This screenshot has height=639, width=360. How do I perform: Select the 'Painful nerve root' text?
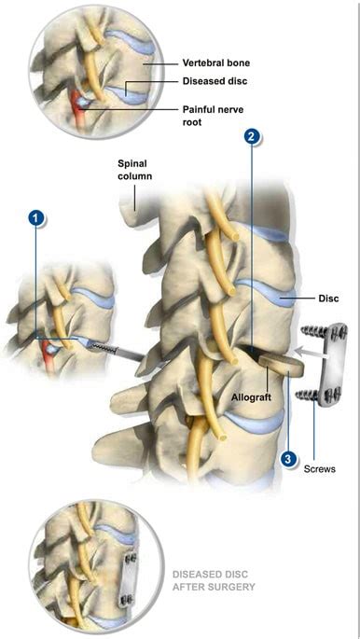(216, 115)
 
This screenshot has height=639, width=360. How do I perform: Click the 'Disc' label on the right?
(326, 299)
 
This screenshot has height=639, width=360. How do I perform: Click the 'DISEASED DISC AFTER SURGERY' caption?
(214, 581)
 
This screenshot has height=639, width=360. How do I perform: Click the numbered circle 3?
(290, 458)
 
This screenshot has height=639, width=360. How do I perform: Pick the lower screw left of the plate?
(310, 396)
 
